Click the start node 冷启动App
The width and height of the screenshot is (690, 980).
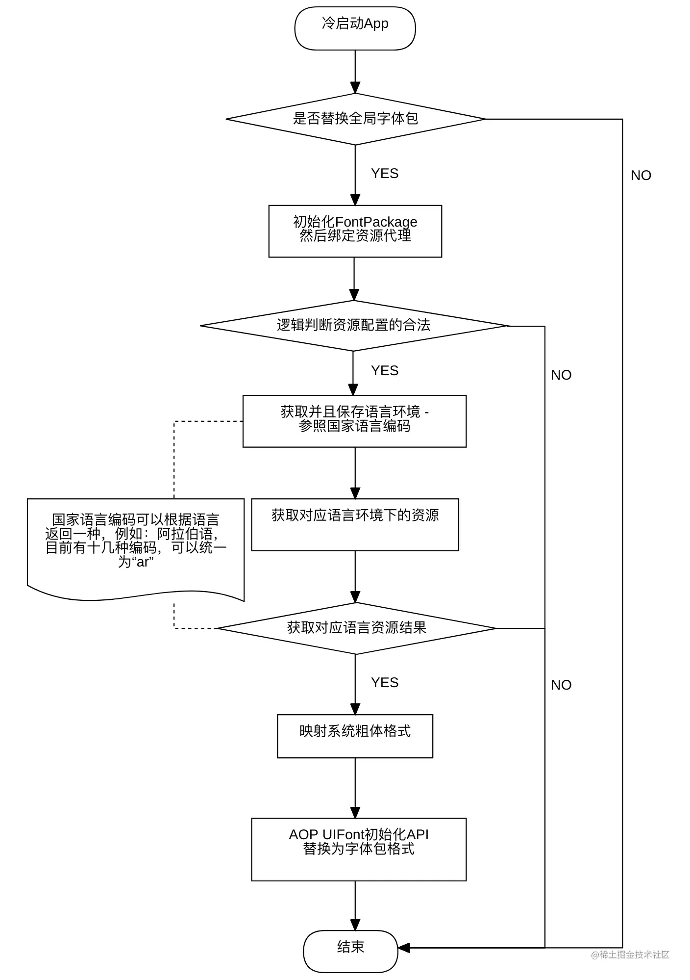(355, 28)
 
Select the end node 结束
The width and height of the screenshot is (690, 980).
(350, 951)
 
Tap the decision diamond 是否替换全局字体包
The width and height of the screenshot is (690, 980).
(355, 119)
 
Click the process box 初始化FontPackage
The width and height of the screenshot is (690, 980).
(355, 231)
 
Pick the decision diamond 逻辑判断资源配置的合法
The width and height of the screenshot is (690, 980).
(354, 326)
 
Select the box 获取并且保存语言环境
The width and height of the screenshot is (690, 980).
(354, 421)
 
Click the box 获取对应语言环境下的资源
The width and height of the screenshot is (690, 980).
(355, 525)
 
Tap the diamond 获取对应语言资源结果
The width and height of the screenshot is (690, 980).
(356, 628)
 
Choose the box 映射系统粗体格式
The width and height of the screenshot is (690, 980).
(355, 736)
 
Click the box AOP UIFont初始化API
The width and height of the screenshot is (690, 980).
(359, 850)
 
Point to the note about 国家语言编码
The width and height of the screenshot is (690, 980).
(136, 549)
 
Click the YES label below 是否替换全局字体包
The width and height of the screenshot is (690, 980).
(385, 174)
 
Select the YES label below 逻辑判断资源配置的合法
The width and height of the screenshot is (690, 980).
(385, 371)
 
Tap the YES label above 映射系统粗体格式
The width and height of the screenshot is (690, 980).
(385, 683)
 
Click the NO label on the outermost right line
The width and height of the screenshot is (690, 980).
(641, 176)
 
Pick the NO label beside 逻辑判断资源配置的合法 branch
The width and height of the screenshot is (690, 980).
(561, 375)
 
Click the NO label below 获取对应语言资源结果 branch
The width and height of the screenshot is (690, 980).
(561, 685)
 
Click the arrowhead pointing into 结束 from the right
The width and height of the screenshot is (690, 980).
(404, 948)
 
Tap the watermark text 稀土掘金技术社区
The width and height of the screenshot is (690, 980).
(630, 954)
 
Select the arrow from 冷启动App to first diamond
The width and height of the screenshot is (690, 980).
(355, 72)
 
